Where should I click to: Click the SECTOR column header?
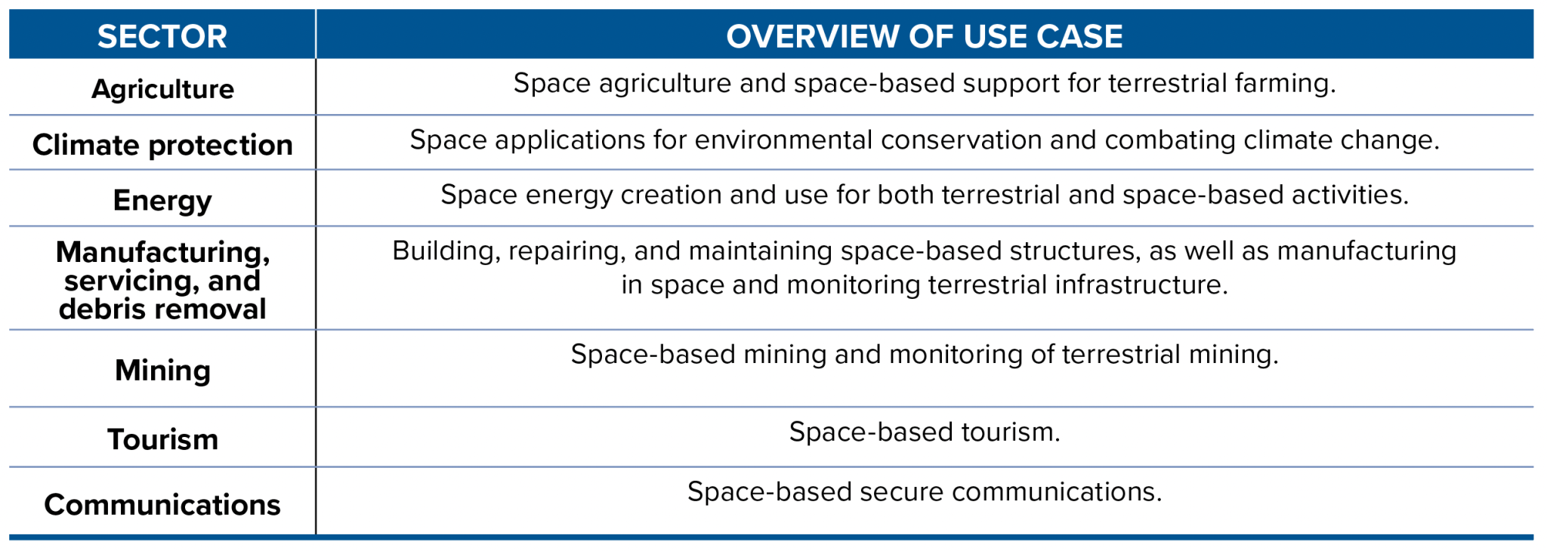162,36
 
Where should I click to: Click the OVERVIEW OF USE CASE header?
924,36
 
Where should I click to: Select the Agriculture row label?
162,89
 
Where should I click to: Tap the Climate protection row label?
162,145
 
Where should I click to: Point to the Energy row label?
162,201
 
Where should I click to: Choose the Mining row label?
162,371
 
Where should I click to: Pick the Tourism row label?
162,439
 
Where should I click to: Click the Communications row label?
162,505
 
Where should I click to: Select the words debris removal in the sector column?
162,309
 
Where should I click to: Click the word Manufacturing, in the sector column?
162,252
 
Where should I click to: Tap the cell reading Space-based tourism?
924,432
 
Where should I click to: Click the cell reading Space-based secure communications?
924,492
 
